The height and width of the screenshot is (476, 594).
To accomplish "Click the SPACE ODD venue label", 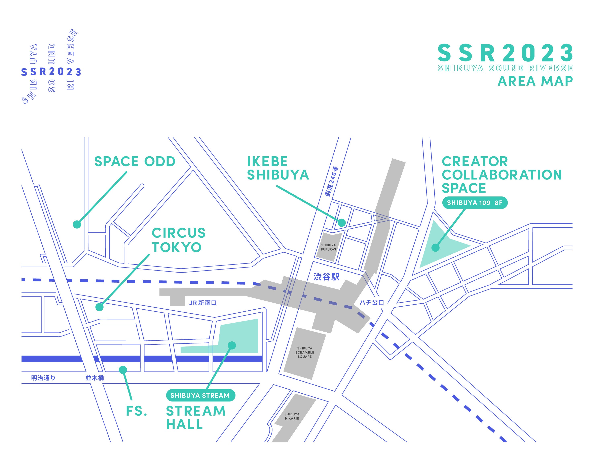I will pos(135,161).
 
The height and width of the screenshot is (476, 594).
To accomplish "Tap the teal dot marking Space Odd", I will pos(77,224).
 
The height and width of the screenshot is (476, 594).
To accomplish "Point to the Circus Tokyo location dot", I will pos(100,307).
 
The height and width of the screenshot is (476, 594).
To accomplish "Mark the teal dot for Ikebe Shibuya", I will pos(342,222).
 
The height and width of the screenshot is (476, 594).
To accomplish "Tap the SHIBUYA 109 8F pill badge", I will pos(475,203).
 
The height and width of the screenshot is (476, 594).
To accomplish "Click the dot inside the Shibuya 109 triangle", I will pos(435,248).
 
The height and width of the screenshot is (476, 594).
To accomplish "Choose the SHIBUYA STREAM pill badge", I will pos(200,395).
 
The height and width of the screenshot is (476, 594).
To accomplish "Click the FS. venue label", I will pos(136,411).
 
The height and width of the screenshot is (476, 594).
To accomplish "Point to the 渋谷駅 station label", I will pos(327,277).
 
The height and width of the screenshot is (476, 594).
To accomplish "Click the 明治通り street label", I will pos(43,378).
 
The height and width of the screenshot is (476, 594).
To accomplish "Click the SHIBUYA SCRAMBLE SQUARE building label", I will pos(305,352).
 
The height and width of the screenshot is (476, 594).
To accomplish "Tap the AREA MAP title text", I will pos(535,81).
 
